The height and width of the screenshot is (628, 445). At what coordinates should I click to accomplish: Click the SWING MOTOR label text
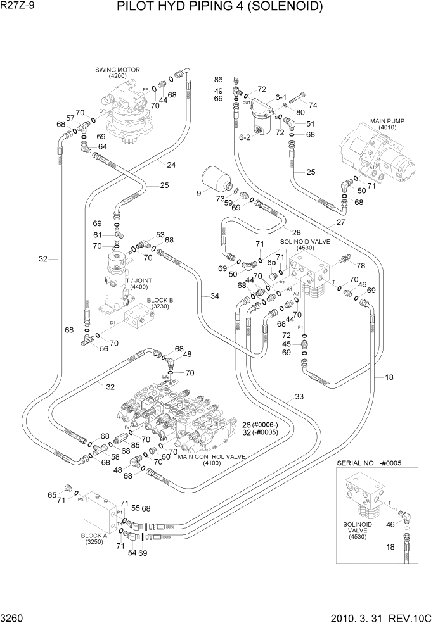pos(117,70)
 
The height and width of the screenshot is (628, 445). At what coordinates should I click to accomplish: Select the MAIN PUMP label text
pos(387,121)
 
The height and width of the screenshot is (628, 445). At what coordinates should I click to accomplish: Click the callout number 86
pos(218,80)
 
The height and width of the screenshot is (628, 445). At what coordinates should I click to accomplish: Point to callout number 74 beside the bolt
pos(313,105)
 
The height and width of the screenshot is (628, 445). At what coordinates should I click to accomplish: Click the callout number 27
pos(340,222)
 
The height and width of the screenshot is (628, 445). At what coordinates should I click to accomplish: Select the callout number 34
pos(214,296)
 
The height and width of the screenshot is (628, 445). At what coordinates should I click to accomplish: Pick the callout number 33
pos(299,398)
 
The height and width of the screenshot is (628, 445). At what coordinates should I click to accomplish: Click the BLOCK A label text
pos(94,535)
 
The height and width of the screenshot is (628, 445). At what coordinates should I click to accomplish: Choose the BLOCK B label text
pos(160,300)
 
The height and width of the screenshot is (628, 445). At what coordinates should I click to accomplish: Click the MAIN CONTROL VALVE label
pos(211,456)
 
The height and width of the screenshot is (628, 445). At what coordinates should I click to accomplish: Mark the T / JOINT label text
pos(139,280)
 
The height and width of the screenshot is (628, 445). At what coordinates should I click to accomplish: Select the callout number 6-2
pos(245,137)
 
